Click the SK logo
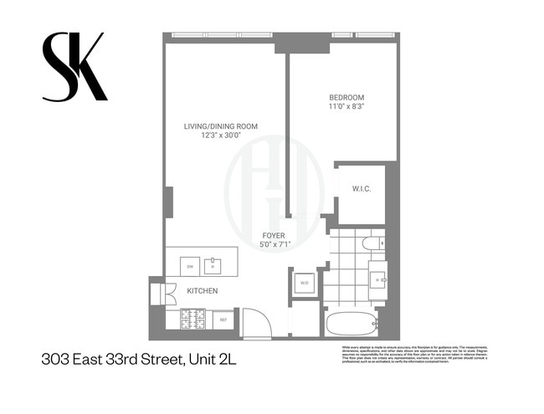pyautogui.click(x=74, y=67)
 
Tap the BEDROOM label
pyautogui.click(x=346, y=97)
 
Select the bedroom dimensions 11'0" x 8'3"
pyautogui.click(x=346, y=107)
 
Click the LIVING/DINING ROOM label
pyautogui.click(x=221, y=126)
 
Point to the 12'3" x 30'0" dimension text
pyautogui.click(x=221, y=135)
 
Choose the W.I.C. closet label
pyautogui.click(x=361, y=189)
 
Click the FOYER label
pyautogui.click(x=274, y=236)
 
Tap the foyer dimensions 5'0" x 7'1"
pyautogui.click(x=274, y=245)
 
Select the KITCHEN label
pyautogui.click(x=202, y=291)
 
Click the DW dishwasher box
pyautogui.click(x=191, y=266)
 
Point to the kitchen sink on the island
pyautogui.click(x=213, y=266)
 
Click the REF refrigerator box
pyautogui.click(x=224, y=319)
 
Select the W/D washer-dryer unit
pyautogui.click(x=303, y=283)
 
